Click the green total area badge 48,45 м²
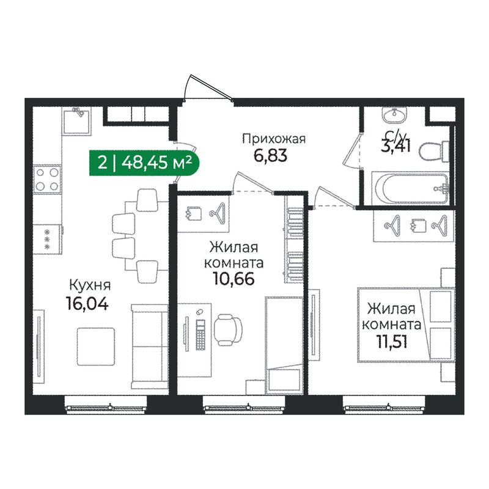click(x=144, y=163)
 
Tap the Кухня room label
click(x=90, y=285)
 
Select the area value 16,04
click(x=87, y=303)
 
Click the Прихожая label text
click(x=274, y=139)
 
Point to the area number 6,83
click(x=270, y=156)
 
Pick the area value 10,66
click(x=234, y=278)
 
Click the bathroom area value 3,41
click(x=395, y=146)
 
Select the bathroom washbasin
click(x=395, y=115)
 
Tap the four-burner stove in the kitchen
click(x=47, y=179)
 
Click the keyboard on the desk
click(x=200, y=334)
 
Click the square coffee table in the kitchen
click(x=96, y=346)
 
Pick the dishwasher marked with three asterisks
click(x=48, y=240)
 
